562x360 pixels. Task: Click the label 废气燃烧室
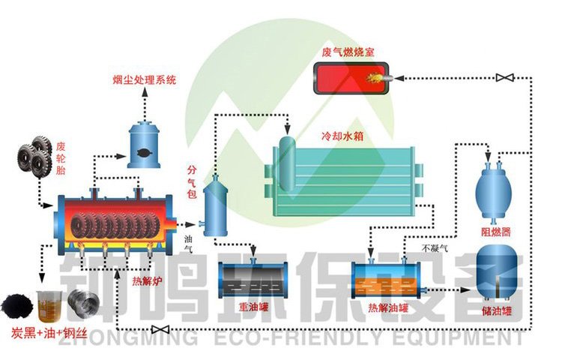[348, 52]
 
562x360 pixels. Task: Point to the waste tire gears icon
[34, 157]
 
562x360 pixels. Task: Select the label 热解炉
[145, 282]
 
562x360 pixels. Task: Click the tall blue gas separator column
[215, 205]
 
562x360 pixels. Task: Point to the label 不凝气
[435, 247]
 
